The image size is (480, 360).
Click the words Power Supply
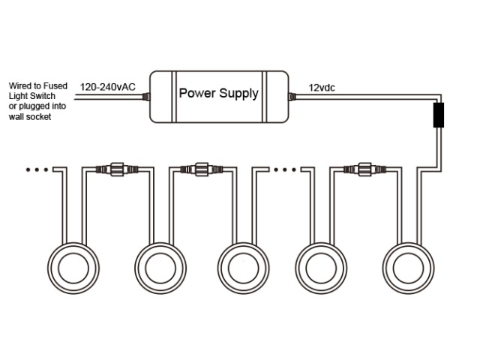(218, 94)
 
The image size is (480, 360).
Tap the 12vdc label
(322, 88)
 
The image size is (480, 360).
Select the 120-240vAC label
(107, 88)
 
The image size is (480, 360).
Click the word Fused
(57, 85)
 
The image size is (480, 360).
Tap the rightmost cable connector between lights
(363, 169)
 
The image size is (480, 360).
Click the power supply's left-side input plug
(145, 96)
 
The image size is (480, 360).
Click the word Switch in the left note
(43, 97)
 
